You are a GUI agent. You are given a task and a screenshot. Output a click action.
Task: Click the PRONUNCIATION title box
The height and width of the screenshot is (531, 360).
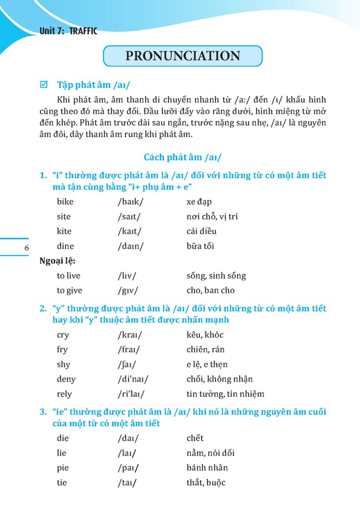[x=182, y=56]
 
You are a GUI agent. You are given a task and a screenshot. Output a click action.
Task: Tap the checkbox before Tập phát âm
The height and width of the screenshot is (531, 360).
[x=43, y=84]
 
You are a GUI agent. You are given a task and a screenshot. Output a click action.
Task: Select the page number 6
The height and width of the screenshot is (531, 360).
[x=27, y=248]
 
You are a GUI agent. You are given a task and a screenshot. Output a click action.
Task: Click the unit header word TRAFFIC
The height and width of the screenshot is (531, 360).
[x=83, y=31]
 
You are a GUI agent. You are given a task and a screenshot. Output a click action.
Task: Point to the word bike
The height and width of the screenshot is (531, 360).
[x=65, y=202]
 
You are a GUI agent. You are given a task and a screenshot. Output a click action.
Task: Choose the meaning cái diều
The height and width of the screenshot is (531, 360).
[x=201, y=231]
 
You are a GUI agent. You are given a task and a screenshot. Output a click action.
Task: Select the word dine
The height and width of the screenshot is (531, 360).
[x=66, y=246]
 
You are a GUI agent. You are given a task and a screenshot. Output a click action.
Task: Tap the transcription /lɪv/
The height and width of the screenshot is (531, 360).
[x=127, y=276]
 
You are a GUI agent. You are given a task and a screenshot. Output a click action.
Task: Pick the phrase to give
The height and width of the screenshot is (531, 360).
[x=70, y=290]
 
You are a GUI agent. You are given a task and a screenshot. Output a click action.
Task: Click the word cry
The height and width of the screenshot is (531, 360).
[x=63, y=335]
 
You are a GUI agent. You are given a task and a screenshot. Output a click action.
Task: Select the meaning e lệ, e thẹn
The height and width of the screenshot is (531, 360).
[x=207, y=365]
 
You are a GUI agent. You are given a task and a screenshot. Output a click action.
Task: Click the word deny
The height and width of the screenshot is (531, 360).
[x=66, y=379]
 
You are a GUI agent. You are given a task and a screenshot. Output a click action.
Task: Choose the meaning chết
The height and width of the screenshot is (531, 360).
[x=195, y=438]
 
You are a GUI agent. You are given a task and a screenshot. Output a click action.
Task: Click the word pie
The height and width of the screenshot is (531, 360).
[x=63, y=468]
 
